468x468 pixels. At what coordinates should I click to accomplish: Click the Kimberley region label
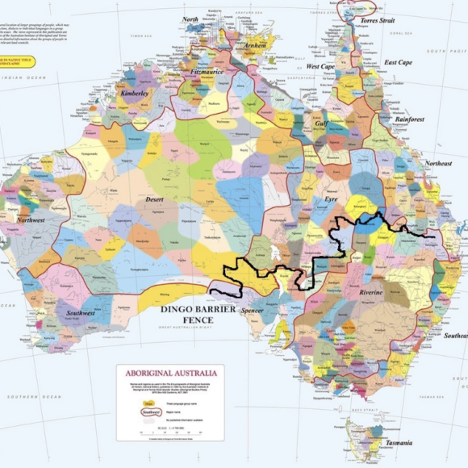pyautogui.click(x=136, y=94)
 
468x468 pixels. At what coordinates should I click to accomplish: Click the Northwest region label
pyautogui.click(x=31, y=219)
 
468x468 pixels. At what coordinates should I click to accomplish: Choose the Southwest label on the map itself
pyautogui.click(x=81, y=313)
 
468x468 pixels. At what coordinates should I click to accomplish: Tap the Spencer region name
pyautogui.click(x=253, y=309)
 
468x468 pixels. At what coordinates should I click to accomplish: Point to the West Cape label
pyautogui.click(x=320, y=66)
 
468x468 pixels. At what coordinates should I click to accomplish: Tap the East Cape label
pyautogui.click(x=398, y=62)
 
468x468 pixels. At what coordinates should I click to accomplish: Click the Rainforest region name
pyautogui.click(x=410, y=119)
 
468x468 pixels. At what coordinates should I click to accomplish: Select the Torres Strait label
pyautogui.click(x=376, y=20)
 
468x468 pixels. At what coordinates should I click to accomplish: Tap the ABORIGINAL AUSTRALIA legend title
pyautogui.click(x=169, y=374)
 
